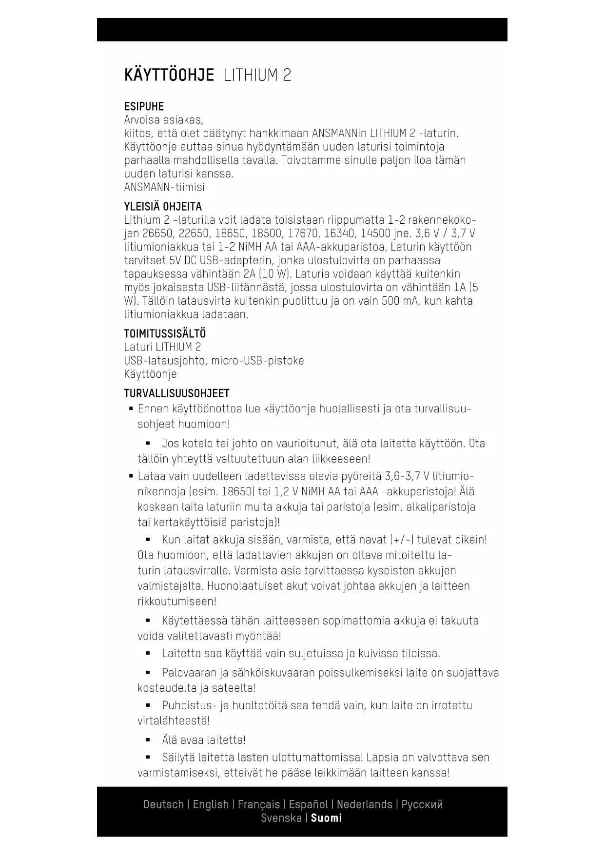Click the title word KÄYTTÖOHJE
(x=169, y=76)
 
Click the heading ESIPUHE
(x=144, y=106)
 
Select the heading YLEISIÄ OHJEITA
(x=163, y=207)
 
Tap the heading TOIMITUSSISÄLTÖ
(x=165, y=334)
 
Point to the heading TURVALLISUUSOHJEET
(x=176, y=393)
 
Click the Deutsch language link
(x=163, y=804)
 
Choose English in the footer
(x=211, y=804)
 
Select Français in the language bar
(x=258, y=804)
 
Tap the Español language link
(x=308, y=804)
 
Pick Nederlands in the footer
(x=364, y=804)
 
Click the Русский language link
(x=422, y=804)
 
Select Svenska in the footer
(x=281, y=818)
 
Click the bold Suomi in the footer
(x=327, y=818)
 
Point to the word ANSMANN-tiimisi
(x=164, y=187)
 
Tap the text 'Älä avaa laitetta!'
(x=204, y=740)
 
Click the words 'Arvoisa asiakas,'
(x=163, y=120)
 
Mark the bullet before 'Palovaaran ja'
(x=148, y=673)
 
